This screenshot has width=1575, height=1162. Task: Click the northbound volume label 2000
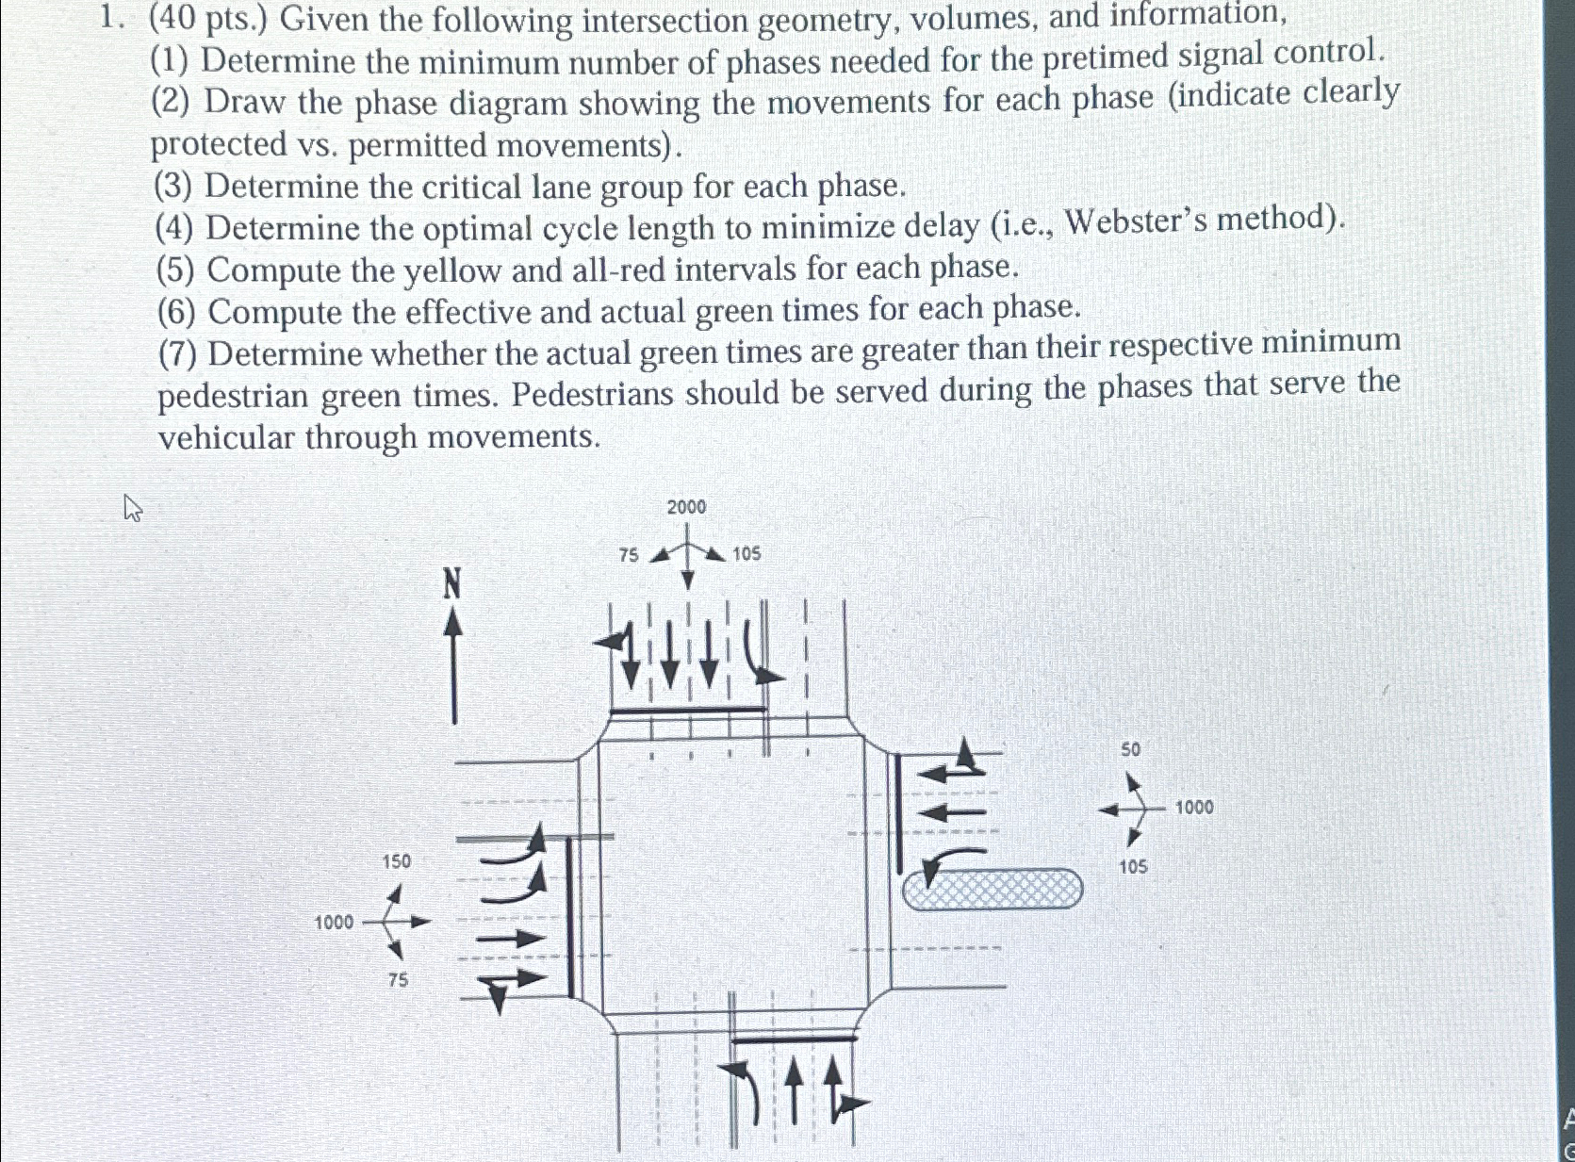click(686, 507)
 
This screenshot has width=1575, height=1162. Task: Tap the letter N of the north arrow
click(453, 585)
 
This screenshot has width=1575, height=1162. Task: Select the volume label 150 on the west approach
click(396, 860)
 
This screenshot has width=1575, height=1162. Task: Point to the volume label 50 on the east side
click(1130, 749)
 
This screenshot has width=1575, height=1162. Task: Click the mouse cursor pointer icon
click(133, 509)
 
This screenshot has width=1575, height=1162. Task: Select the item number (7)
click(178, 354)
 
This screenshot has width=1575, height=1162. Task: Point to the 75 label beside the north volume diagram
click(629, 555)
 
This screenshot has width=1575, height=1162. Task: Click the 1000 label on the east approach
click(1194, 807)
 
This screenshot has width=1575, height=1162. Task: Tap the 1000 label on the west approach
click(334, 922)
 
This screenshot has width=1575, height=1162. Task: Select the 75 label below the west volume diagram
click(398, 980)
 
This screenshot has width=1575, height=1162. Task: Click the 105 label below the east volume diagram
click(1133, 866)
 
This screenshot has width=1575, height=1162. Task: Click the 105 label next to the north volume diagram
click(746, 554)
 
